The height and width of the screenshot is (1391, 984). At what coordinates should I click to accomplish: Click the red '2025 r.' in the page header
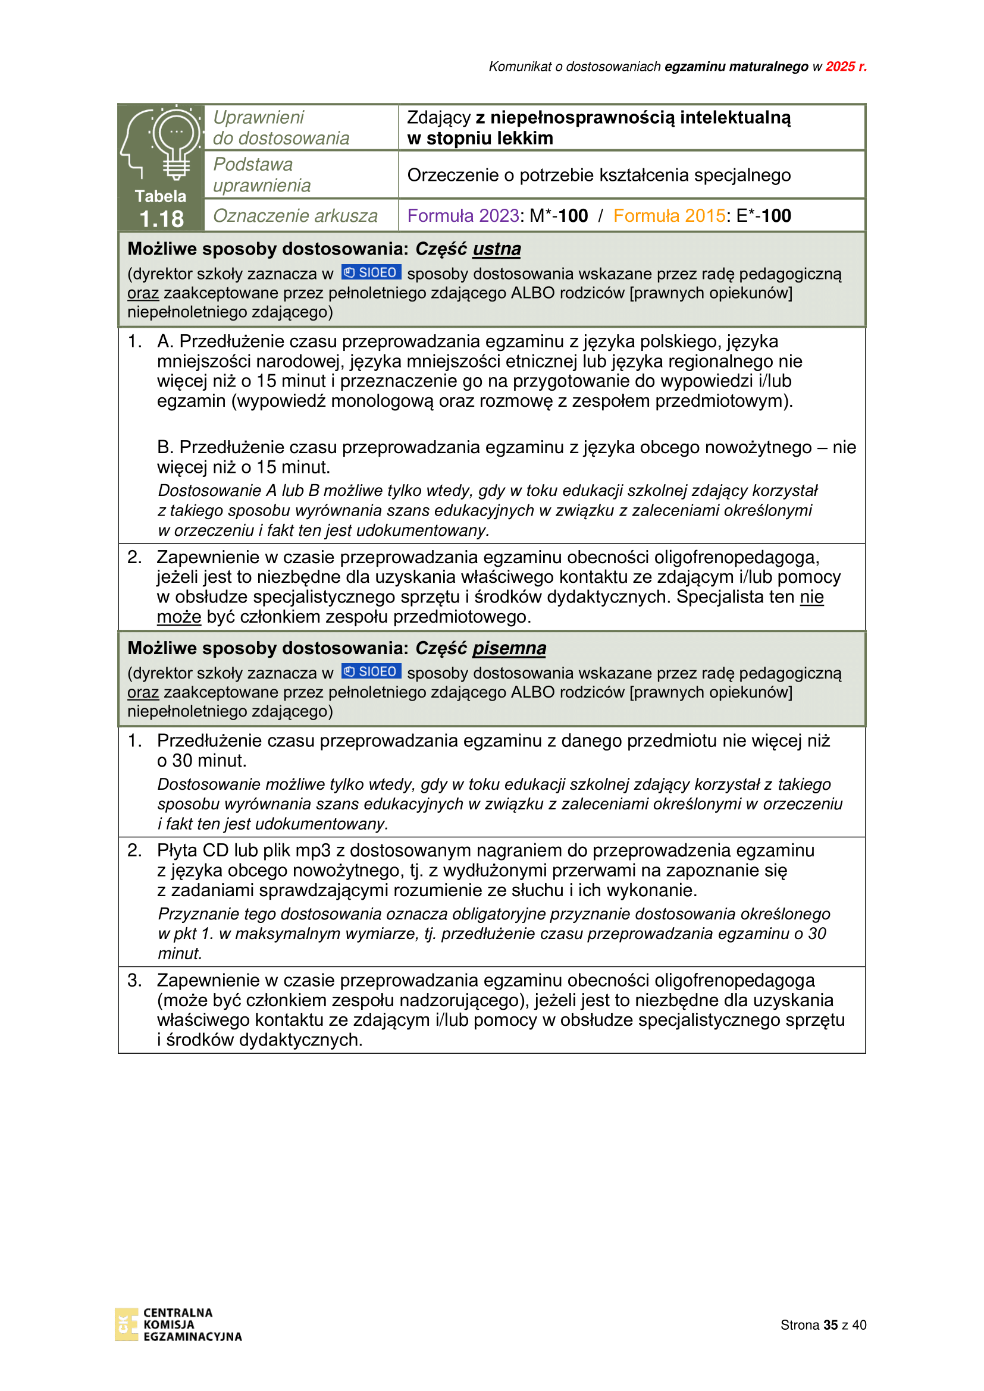846,67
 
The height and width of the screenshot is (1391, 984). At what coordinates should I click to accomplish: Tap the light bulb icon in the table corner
176,142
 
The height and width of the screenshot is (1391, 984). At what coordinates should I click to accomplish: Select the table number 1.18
161,219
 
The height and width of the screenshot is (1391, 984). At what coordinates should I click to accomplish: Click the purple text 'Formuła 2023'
463,216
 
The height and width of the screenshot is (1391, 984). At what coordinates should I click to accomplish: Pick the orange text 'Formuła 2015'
669,216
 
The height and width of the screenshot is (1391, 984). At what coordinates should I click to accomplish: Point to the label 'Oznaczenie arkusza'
295,216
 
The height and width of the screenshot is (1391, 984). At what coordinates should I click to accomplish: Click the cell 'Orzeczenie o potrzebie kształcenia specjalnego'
598,175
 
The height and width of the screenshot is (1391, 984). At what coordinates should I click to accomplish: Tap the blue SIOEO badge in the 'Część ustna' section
371,272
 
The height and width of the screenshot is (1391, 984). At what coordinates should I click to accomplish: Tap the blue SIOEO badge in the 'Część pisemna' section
371,671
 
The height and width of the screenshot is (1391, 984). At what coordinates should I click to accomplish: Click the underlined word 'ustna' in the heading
496,249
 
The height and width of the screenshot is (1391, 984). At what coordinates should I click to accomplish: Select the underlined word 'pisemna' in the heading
509,648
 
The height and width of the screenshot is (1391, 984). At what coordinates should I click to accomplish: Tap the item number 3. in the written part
134,980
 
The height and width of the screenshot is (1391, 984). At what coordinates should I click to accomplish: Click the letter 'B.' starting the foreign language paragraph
165,447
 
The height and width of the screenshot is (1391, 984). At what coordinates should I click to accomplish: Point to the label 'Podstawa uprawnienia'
262,174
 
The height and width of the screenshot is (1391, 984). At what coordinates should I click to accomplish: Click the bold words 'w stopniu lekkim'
480,138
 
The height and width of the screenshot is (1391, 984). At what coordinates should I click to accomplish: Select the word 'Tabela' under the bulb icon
161,196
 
